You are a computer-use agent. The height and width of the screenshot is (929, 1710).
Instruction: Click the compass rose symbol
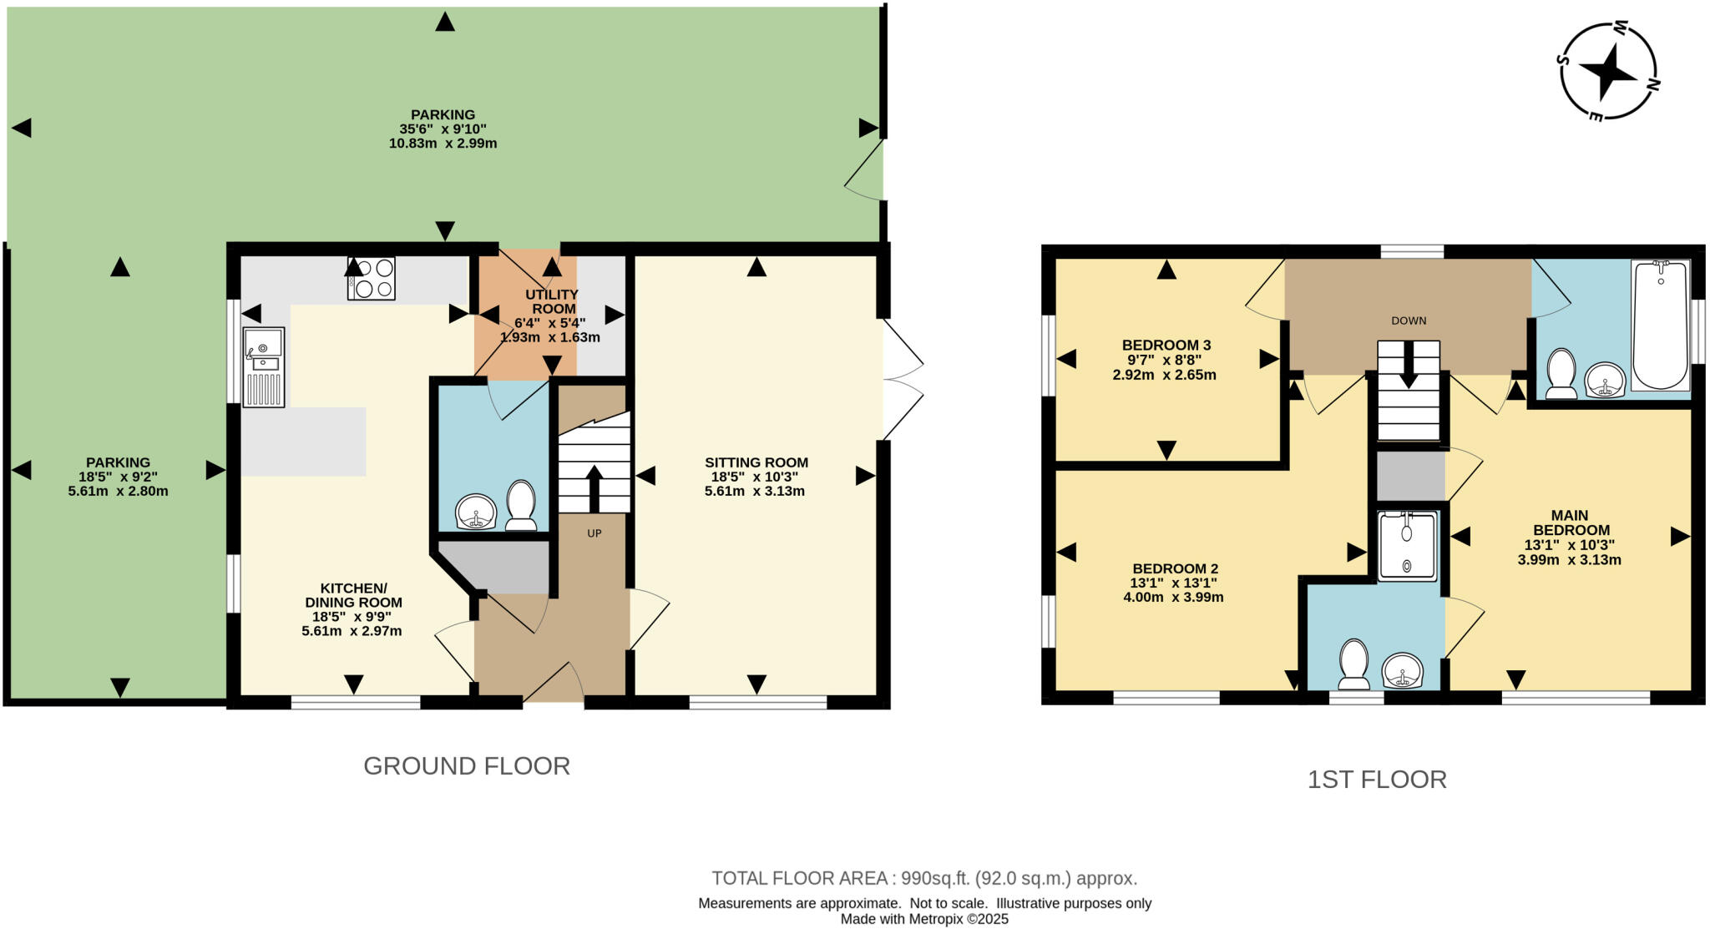pyautogui.click(x=1608, y=72)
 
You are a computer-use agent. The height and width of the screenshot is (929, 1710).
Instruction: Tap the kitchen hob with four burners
pyautogui.click(x=372, y=278)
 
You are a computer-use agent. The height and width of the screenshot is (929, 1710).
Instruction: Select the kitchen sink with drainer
pyautogui.click(x=263, y=367)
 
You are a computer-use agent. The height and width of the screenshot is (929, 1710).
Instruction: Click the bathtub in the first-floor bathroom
pyautogui.click(x=1661, y=326)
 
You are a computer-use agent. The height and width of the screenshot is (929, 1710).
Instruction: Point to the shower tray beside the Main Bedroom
pyautogui.click(x=1408, y=545)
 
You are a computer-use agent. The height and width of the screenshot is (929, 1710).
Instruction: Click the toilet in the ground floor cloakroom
pyautogui.click(x=522, y=505)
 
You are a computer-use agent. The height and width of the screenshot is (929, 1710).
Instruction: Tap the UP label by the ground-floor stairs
pyautogui.click(x=594, y=533)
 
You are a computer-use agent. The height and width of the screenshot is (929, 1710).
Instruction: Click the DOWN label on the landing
pyautogui.click(x=1409, y=321)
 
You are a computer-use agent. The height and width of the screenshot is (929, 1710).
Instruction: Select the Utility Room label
pyautogui.click(x=551, y=301)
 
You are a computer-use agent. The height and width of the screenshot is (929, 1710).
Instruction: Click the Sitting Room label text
pyautogui.click(x=756, y=462)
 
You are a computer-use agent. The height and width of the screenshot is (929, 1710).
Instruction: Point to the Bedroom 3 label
pyautogui.click(x=1166, y=345)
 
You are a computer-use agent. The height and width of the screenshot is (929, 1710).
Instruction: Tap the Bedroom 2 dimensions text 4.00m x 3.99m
pyautogui.click(x=1173, y=598)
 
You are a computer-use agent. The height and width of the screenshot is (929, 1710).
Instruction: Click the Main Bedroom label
pyautogui.click(x=1570, y=523)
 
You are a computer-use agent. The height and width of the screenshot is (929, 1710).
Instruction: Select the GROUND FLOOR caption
pyautogui.click(x=466, y=766)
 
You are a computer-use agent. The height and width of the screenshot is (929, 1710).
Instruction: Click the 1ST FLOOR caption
pyautogui.click(x=1376, y=780)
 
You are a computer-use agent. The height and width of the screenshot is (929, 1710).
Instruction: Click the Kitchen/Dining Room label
pyautogui.click(x=353, y=595)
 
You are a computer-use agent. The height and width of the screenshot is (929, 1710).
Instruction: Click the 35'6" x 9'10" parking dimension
pyautogui.click(x=443, y=129)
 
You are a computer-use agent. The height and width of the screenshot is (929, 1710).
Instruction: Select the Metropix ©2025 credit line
pyautogui.click(x=924, y=919)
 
